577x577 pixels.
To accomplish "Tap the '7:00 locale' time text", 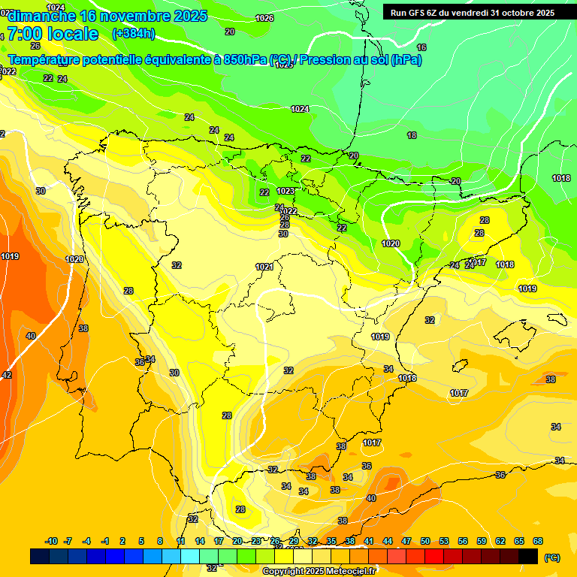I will pos(53,34).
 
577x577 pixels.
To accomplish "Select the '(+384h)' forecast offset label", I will pos(134,34).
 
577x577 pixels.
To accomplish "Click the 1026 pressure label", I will pos(264,18).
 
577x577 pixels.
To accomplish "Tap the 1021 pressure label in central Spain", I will pos(264,267).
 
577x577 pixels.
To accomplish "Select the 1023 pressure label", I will pos(285,192).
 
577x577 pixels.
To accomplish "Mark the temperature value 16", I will pos(421,47).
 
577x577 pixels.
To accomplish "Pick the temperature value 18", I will pos(412,135).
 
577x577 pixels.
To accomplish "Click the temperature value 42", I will pos(7,375).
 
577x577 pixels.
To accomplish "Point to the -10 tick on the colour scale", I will pos(52,542).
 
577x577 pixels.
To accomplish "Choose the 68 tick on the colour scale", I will pos(538,542).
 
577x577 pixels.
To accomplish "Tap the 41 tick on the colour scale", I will pos(369,542).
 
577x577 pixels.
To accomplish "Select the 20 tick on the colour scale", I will pos(237,542).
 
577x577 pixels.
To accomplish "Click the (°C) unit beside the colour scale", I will pos(551,557).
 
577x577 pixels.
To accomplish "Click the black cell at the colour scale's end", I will pos(528,556).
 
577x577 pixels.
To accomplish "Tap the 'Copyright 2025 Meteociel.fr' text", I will pos(319,571).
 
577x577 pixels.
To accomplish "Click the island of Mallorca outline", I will pos(518,331).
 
